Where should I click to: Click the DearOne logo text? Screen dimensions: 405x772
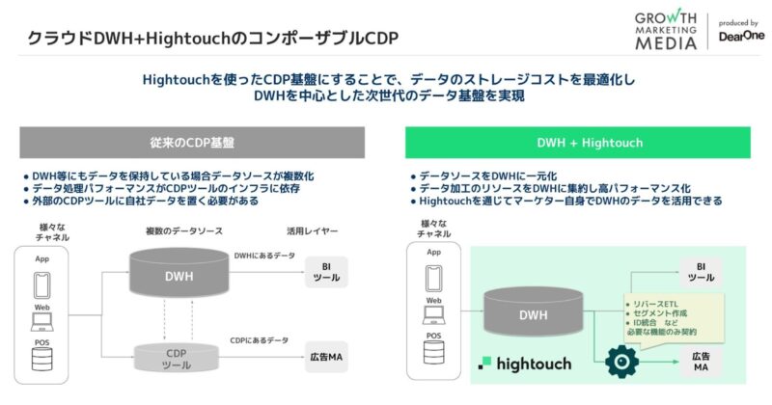point(740,37)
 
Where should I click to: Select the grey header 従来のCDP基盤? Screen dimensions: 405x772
point(193,143)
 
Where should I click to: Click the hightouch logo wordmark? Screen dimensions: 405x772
point(526,364)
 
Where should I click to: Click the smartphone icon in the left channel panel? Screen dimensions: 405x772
point(41,284)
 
